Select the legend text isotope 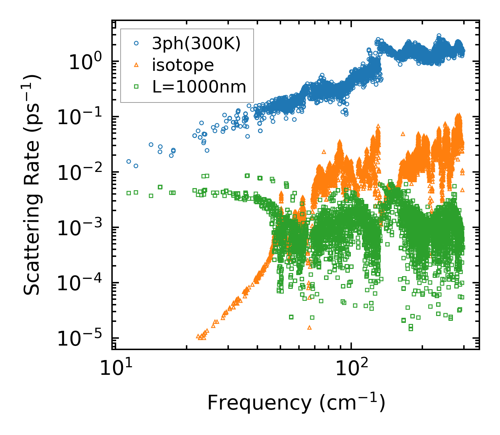tap(183, 65)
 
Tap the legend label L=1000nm tap(199, 87)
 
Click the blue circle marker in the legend tap(136, 43)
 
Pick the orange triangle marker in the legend tap(136, 65)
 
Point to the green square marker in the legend tap(136, 87)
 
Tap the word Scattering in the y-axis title tap(32, 253)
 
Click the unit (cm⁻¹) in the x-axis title tap(352, 403)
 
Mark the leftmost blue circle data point tap(129, 161)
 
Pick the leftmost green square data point tap(129, 193)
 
